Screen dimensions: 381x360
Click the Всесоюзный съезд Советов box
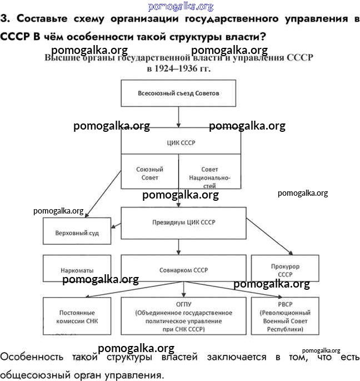pyautogui.click(x=178, y=93)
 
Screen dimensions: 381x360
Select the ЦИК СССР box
pyautogui.click(x=181, y=143)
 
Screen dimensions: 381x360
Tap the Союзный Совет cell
pyautogui.click(x=150, y=173)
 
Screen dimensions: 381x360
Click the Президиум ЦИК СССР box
pyautogui.click(x=184, y=222)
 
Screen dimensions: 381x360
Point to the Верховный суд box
pyautogui.click(x=77, y=232)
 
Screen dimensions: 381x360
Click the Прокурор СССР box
pyautogui.click(x=285, y=270)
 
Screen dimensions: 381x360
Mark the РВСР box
pyautogui.click(x=285, y=316)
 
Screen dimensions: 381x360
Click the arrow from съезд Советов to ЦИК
pyautogui.click(x=178, y=117)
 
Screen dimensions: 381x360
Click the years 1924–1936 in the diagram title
pyautogui.click(x=179, y=70)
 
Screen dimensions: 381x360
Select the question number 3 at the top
pyautogui.click(x=5, y=18)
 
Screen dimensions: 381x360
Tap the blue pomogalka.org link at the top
pyautogui.click(x=181, y=6)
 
